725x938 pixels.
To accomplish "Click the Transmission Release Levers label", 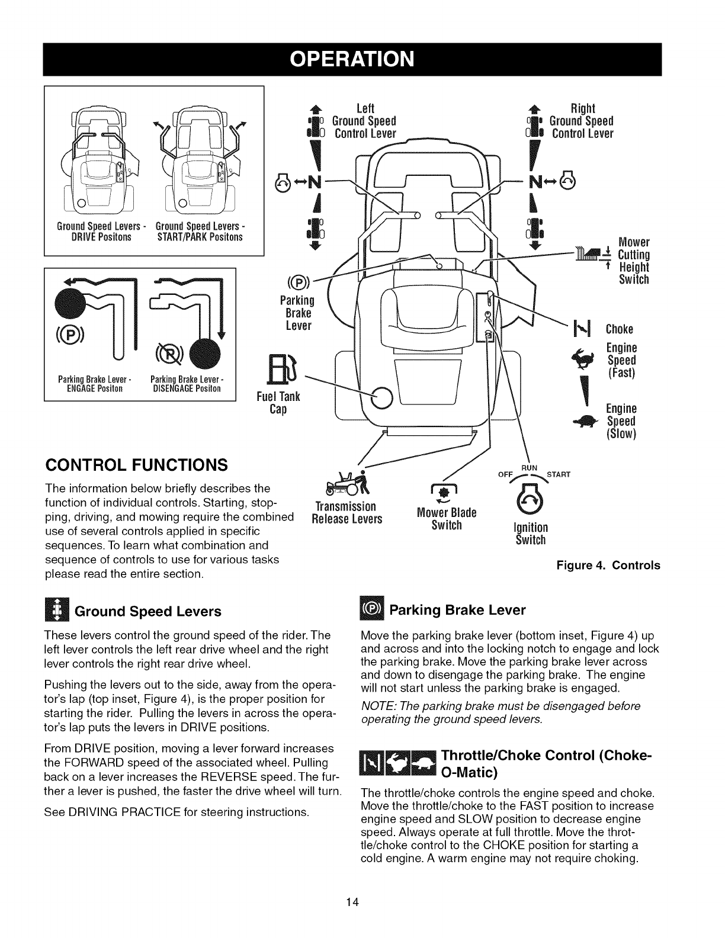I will point(347,513).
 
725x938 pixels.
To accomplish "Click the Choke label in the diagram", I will point(620,329).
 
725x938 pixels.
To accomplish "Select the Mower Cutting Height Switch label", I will point(633,261).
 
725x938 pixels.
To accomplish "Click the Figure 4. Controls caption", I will point(608,566).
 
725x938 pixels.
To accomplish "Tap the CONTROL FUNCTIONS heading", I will point(137,464).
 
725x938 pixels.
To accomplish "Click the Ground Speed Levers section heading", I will point(147,611).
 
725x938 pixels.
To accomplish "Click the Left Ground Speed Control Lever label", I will point(364,121).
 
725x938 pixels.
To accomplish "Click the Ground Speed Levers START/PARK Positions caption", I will point(199,232).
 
